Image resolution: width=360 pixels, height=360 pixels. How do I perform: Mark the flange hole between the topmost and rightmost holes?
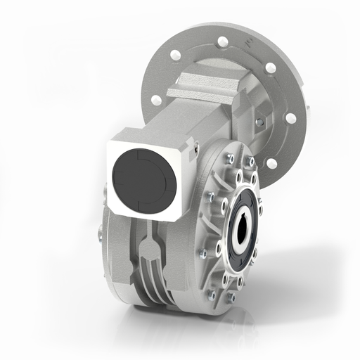click(270, 68)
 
